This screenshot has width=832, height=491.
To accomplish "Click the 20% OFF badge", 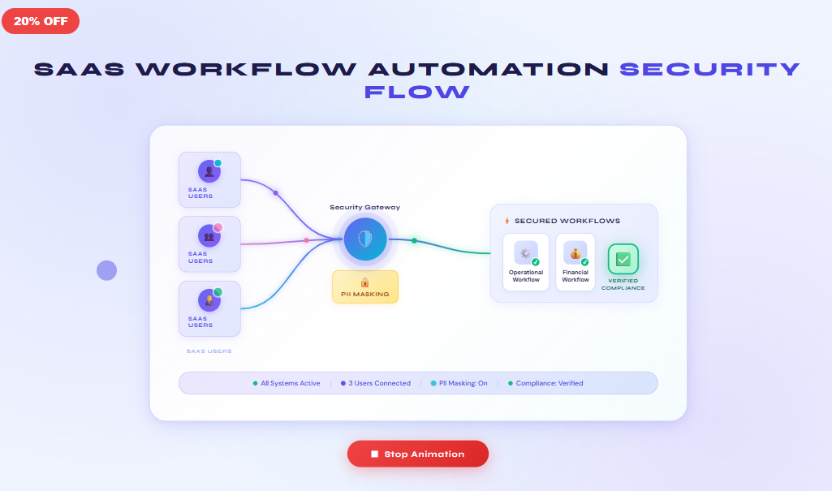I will tap(41, 21).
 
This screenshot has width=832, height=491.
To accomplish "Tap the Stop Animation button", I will tap(417, 454).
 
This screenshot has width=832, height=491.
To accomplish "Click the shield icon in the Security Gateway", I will tap(364, 239).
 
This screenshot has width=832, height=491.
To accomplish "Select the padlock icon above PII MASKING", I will tap(364, 282).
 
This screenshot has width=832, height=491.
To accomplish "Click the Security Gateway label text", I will tap(364, 207).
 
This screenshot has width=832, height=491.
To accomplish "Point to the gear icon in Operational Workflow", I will tap(525, 252).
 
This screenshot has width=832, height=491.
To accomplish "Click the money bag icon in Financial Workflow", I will tap(575, 252).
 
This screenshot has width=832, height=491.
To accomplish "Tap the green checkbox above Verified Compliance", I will tap(623, 259).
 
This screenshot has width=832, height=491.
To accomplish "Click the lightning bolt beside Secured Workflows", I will tap(507, 221).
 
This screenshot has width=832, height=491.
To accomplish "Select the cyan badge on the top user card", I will tap(218, 163).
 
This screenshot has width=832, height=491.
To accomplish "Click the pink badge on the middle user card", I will tap(218, 227).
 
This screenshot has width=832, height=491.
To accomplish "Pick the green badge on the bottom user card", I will tap(218, 291).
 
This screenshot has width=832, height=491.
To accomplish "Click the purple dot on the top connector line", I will tap(275, 193).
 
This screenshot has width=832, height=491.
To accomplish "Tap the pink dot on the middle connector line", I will tap(306, 240).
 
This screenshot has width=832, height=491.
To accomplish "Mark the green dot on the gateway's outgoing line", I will tap(414, 240).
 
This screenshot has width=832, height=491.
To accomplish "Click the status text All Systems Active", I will tap(290, 383).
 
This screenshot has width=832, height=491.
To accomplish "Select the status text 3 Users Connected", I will tap(379, 383).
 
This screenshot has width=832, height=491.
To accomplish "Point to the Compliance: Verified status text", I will tap(549, 383).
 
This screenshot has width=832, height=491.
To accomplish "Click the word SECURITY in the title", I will tap(709, 69).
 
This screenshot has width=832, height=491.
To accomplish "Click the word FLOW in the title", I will tap(416, 92).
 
